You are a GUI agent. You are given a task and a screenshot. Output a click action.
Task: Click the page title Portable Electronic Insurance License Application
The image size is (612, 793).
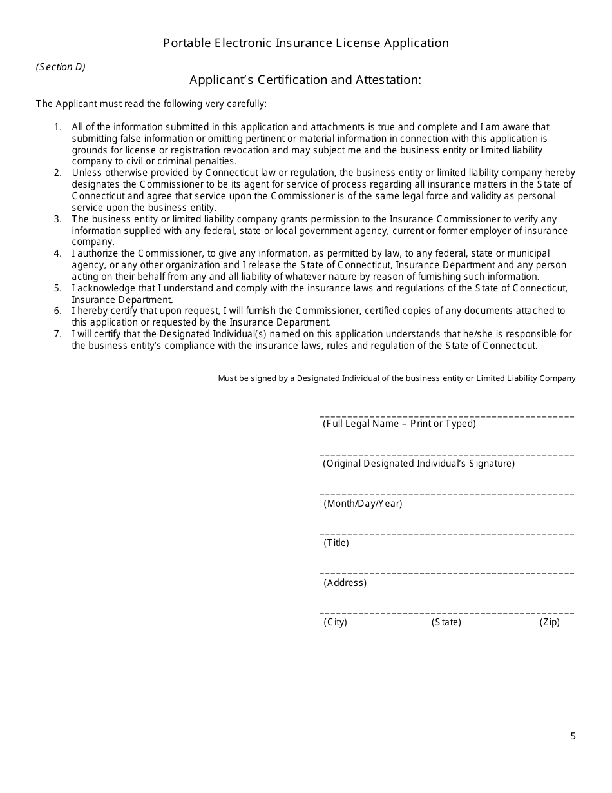click(x=305, y=43)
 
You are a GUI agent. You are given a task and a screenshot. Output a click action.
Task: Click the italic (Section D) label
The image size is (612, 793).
click(x=61, y=67)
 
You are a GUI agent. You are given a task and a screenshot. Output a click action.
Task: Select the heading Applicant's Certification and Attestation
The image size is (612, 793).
click(x=305, y=80)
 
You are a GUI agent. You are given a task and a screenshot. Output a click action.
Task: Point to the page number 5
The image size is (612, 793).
click(x=573, y=736)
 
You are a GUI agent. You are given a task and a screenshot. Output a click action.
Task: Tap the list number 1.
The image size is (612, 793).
click(x=57, y=128)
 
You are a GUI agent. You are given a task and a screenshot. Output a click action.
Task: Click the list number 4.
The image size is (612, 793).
click(x=57, y=254)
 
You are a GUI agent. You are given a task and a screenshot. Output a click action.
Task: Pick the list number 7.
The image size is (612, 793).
click(x=57, y=334)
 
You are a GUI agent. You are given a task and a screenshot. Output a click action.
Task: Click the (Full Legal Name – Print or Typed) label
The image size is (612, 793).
click(x=399, y=424)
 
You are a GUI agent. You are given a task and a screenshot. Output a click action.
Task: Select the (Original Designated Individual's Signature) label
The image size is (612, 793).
click(x=418, y=464)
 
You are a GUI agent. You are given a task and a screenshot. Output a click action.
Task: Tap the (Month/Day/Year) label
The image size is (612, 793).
click(x=363, y=504)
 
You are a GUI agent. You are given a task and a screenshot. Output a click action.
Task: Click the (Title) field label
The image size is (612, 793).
click(x=336, y=543)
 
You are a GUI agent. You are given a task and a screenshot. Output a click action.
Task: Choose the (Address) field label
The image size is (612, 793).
click(x=345, y=583)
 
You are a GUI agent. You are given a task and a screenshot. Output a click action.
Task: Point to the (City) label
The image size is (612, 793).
click(x=335, y=622)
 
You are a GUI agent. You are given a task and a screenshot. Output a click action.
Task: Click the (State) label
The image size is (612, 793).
click(x=446, y=622)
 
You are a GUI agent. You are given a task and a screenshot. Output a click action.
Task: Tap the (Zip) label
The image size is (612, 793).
click(x=550, y=622)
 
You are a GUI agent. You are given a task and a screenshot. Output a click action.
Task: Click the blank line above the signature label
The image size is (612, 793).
click(x=446, y=455)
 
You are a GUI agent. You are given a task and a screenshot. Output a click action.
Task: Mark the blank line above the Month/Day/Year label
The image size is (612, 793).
click(x=446, y=494)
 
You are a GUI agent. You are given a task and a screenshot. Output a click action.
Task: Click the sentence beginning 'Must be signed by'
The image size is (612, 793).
click(x=396, y=378)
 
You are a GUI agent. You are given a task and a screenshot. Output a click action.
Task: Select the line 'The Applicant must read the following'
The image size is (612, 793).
click(x=151, y=104)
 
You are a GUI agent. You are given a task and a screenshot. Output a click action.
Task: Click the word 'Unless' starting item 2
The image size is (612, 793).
click(x=85, y=173)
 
